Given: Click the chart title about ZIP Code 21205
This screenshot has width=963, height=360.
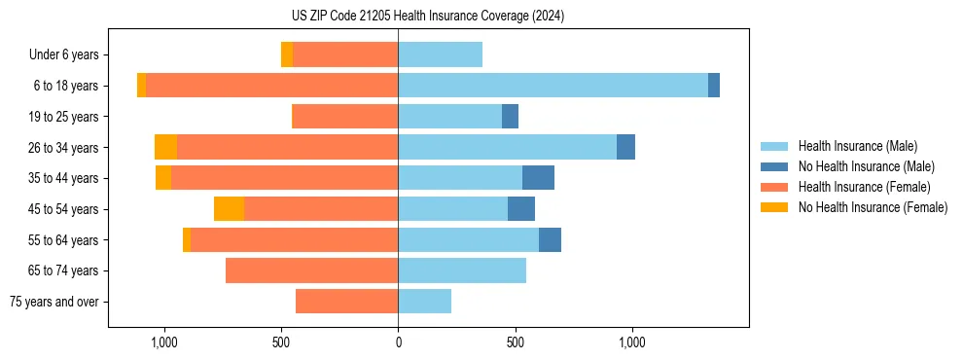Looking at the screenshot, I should point(428,17).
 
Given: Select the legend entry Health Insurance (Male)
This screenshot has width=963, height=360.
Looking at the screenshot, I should point(857,146).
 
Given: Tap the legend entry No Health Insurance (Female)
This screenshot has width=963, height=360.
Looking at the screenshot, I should point(872,207).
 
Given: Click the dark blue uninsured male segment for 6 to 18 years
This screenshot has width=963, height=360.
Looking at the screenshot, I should point(714,86).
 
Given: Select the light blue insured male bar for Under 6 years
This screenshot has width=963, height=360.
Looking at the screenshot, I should point(440,54).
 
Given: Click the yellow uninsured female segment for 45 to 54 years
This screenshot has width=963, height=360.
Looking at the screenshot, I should point(229,209).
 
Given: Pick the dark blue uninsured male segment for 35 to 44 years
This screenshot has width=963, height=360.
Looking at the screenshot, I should point(538,178).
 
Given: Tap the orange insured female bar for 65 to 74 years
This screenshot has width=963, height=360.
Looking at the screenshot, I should point(311,270).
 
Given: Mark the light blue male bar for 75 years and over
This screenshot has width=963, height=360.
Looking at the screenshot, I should point(424,302).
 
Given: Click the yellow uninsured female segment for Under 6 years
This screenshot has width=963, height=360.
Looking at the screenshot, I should point(287,54).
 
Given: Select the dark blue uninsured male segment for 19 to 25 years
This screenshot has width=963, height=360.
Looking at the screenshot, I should point(510,117).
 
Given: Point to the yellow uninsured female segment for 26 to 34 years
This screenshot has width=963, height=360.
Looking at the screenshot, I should point(165,147).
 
